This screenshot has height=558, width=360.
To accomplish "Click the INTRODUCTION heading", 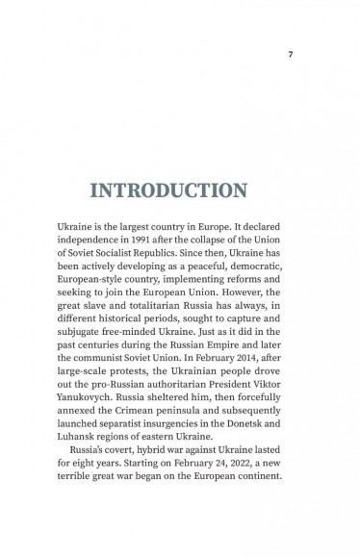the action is point(180,190).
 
